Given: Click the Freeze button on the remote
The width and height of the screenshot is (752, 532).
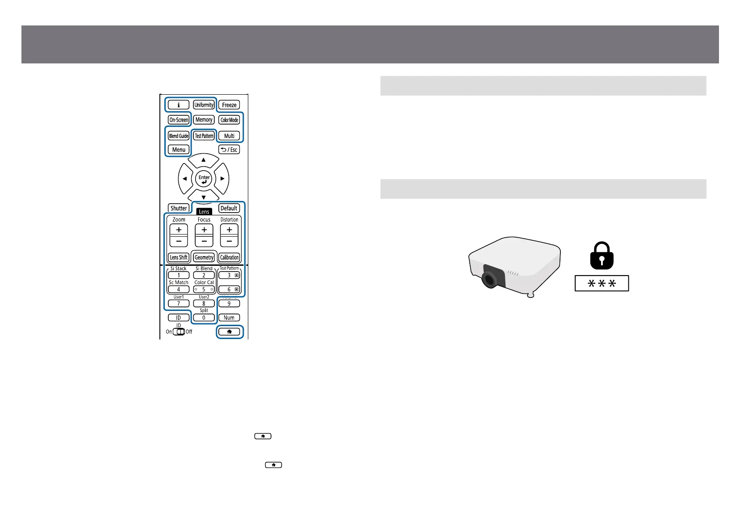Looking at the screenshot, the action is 229,105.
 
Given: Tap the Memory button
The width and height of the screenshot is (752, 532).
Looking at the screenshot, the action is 204,120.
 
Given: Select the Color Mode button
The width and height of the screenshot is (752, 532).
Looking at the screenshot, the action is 230,120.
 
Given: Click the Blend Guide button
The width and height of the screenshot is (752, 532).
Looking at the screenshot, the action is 179,136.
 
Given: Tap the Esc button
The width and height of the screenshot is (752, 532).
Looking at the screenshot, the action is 229,150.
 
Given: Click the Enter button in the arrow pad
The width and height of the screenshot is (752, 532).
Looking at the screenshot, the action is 204,179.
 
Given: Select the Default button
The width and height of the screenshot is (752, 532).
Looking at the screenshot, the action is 229,208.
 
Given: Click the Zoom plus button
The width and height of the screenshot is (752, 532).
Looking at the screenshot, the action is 179,230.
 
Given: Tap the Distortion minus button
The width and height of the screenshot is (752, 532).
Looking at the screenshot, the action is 229,241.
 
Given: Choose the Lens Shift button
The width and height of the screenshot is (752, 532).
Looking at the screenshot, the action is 179,257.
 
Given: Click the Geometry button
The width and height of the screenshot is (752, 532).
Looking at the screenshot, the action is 204,257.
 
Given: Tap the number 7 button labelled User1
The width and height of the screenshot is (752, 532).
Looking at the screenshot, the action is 179,303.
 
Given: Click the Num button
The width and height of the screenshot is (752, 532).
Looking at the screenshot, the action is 229,318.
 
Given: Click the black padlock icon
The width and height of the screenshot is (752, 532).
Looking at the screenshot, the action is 602,256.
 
